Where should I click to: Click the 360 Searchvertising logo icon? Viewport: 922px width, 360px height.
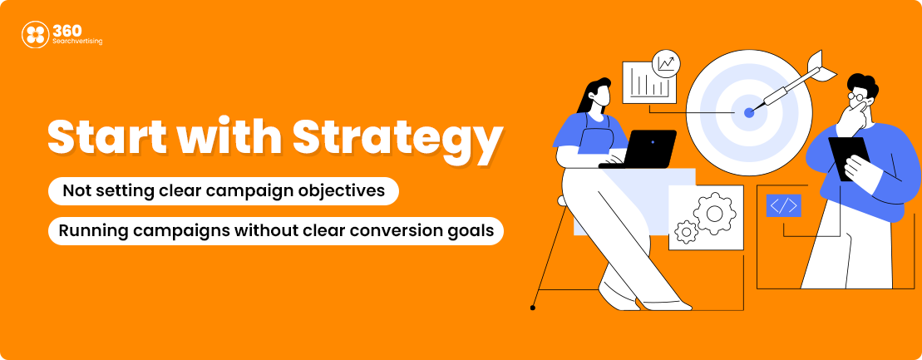pos(35,34)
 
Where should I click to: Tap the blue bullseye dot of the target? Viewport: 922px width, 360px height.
pos(748,112)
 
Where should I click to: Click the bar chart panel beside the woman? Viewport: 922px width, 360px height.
pos(649,81)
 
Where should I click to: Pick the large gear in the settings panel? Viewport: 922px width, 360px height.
pos(714,213)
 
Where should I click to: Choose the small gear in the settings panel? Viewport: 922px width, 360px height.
pos(686,232)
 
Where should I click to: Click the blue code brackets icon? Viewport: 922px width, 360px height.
pos(783,205)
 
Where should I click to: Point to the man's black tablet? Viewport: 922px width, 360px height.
pos(849,158)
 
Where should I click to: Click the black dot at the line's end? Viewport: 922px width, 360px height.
pos(533,308)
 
